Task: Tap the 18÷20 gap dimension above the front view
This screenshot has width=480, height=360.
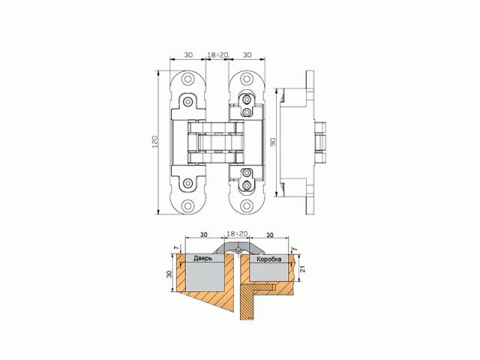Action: tap(217, 55)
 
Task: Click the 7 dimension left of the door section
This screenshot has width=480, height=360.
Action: tap(175, 248)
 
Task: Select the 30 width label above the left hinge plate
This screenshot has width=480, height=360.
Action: tap(187, 55)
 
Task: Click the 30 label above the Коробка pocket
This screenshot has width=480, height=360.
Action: tap(268, 233)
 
